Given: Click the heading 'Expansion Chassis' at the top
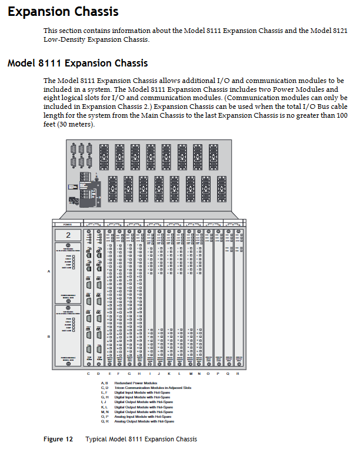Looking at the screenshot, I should [x=63, y=11].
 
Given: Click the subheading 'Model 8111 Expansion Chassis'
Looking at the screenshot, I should [x=77, y=63].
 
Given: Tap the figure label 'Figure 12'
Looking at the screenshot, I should [x=58, y=439].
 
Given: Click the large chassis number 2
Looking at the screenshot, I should [x=68, y=235].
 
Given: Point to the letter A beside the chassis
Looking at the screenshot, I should [x=49, y=271].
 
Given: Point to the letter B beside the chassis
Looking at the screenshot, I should [x=49, y=336].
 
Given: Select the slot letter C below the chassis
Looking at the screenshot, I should [x=89, y=374].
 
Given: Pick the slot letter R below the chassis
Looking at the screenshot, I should [x=238, y=374].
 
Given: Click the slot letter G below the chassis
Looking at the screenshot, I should [x=129, y=374].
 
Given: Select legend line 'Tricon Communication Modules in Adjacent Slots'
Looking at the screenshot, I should [x=149, y=388].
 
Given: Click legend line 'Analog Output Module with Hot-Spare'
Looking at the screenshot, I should [x=144, y=421].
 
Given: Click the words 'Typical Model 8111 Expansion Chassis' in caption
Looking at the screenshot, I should [x=141, y=439].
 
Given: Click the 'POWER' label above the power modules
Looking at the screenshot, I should [x=68, y=225].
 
